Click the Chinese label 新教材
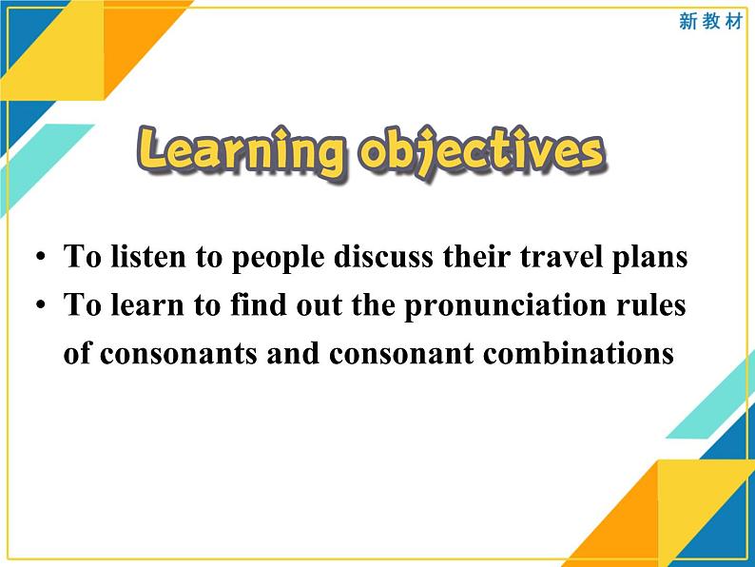pos(709,22)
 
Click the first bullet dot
pos(39,258)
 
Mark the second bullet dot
pos(39,306)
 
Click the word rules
pos(654,305)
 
